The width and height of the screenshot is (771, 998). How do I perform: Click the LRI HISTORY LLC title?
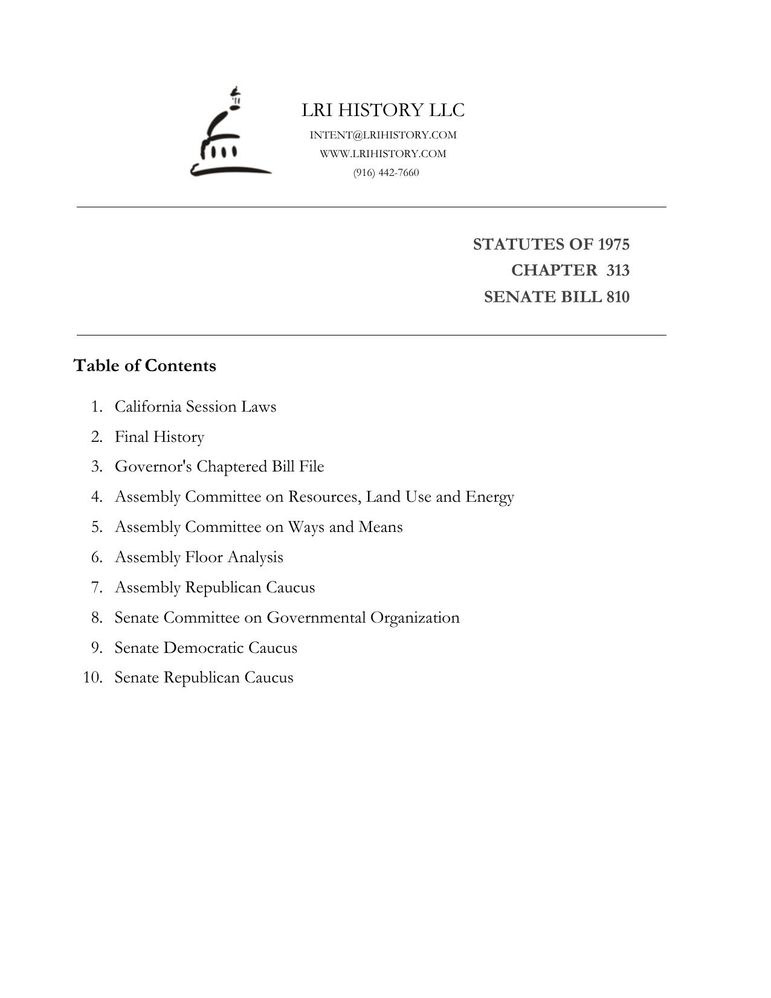(x=383, y=110)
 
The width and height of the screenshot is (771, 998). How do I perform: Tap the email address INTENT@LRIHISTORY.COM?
(x=383, y=135)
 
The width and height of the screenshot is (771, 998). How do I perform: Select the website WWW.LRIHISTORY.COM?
(x=383, y=154)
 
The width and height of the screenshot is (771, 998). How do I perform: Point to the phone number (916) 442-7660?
(x=386, y=172)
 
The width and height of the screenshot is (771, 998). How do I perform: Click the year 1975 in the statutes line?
(x=613, y=244)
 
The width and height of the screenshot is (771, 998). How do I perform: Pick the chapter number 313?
(x=618, y=270)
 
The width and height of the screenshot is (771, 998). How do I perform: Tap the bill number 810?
(x=618, y=297)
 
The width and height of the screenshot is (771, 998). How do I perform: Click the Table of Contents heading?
(x=144, y=366)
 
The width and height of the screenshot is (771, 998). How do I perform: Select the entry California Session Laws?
(x=195, y=406)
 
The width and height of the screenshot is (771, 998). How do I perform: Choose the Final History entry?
(x=160, y=436)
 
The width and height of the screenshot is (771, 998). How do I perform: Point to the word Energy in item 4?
(x=489, y=497)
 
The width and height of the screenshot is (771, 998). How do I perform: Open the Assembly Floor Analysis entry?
(x=199, y=557)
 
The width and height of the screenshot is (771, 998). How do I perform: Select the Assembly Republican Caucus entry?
(x=215, y=588)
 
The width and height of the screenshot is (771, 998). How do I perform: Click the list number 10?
(x=92, y=678)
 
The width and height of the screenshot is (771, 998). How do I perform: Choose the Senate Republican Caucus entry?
(x=204, y=678)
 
